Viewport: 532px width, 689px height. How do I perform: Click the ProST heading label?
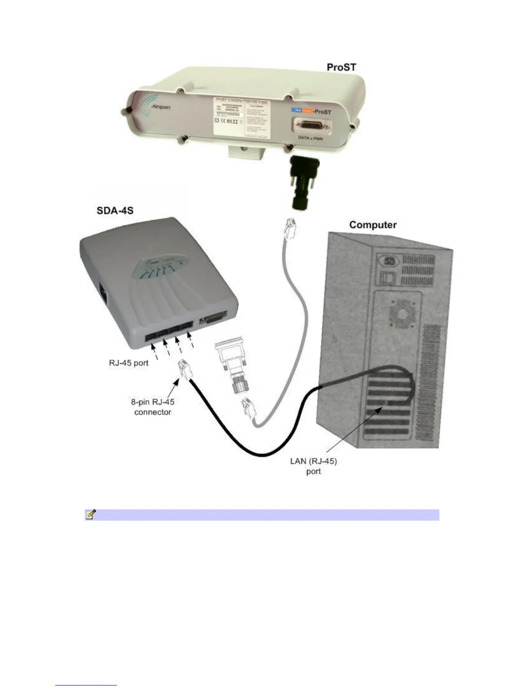click(x=341, y=67)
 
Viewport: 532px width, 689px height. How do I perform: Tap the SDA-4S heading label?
click(x=115, y=211)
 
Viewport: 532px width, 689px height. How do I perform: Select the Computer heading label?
click(x=372, y=225)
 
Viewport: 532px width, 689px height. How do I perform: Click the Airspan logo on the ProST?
click(x=156, y=105)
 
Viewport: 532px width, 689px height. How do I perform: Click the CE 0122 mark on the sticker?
click(x=229, y=121)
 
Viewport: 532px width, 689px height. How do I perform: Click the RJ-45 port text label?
click(x=129, y=363)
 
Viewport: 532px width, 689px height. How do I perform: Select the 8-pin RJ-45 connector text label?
click(x=153, y=407)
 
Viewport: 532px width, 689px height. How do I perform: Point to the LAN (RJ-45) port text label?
click(x=313, y=466)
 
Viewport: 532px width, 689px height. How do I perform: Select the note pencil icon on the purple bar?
click(x=90, y=515)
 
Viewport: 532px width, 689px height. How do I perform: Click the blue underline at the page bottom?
click(x=86, y=685)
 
